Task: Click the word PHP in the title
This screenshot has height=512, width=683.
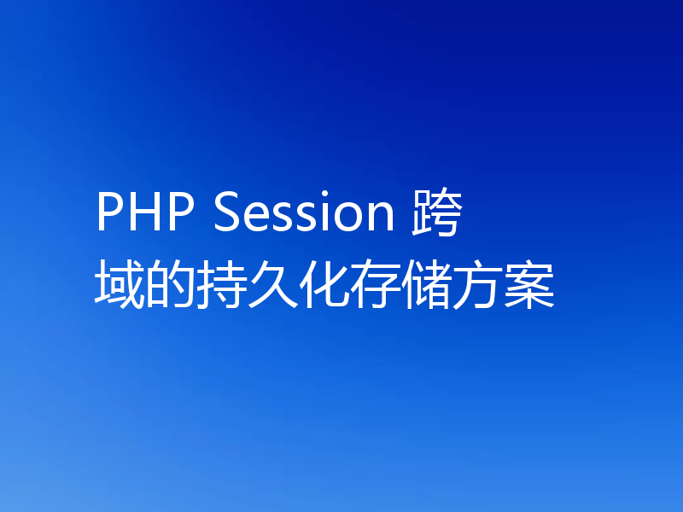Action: pos(145,214)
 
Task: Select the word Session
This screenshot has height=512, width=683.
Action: pos(302,214)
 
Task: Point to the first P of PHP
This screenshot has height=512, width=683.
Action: pos(109,214)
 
